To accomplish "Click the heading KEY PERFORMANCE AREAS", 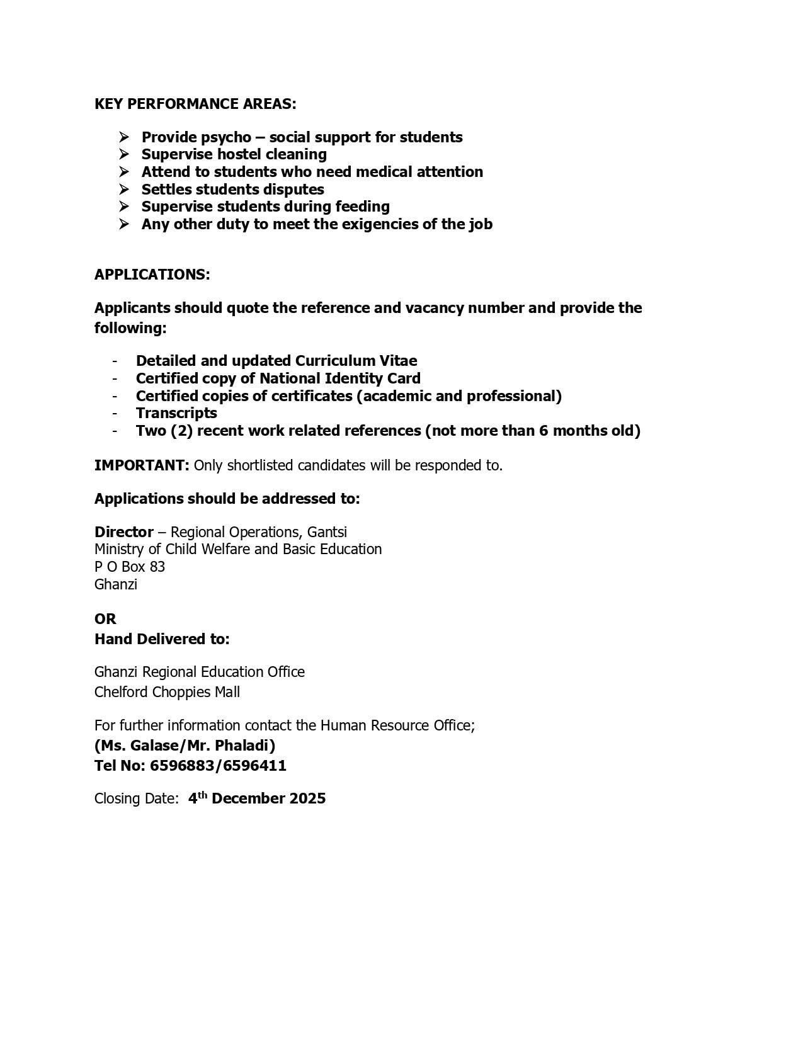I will [195, 104].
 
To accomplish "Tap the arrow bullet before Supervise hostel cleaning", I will [123, 154].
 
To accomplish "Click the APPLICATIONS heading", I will [152, 275].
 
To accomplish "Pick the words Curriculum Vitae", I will [356, 361].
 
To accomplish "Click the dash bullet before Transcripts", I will [115, 413].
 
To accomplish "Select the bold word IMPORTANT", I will [141, 465].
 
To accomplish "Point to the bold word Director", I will [123, 532].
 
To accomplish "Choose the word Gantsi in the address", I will [327, 532].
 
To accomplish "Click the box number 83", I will [157, 567].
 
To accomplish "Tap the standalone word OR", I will [105, 619].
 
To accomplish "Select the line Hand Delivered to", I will [162, 639].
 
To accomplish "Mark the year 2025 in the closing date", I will [307, 798].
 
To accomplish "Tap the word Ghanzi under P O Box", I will [116, 584].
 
